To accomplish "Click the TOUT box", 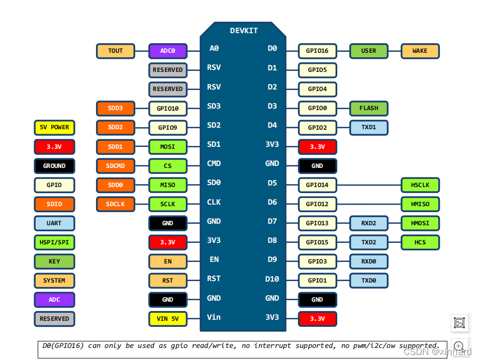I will click(x=116, y=51).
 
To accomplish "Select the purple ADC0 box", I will click(x=168, y=51).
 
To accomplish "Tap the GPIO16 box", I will click(x=318, y=51).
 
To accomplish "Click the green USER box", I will click(x=368, y=51).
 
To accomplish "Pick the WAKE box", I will click(x=420, y=51).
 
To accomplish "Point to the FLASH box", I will click(x=368, y=108).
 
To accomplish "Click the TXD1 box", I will click(x=368, y=127).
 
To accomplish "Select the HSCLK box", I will click(x=420, y=185).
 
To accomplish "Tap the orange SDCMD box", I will click(x=116, y=166).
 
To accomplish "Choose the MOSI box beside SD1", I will click(x=168, y=147).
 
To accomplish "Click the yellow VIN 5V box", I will click(x=168, y=319).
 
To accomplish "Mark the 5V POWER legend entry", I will click(x=54, y=128).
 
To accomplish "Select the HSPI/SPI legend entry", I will click(x=54, y=242).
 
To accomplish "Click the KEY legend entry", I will click(x=54, y=261).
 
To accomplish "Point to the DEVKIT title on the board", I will click(x=244, y=31).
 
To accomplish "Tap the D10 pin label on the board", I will click(x=272, y=279).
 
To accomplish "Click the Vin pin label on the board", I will click(x=214, y=317).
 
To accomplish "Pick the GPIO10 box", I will click(x=168, y=108).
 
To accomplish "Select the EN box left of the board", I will click(x=168, y=261).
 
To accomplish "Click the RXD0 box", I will click(x=368, y=261).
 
